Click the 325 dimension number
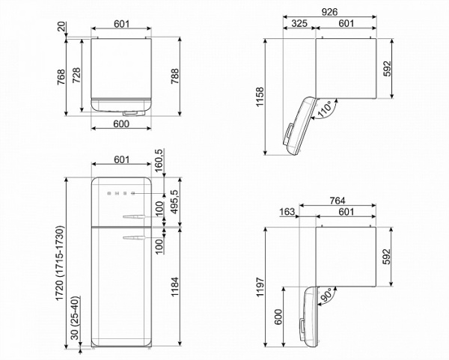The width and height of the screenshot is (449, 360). click(299, 23)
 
